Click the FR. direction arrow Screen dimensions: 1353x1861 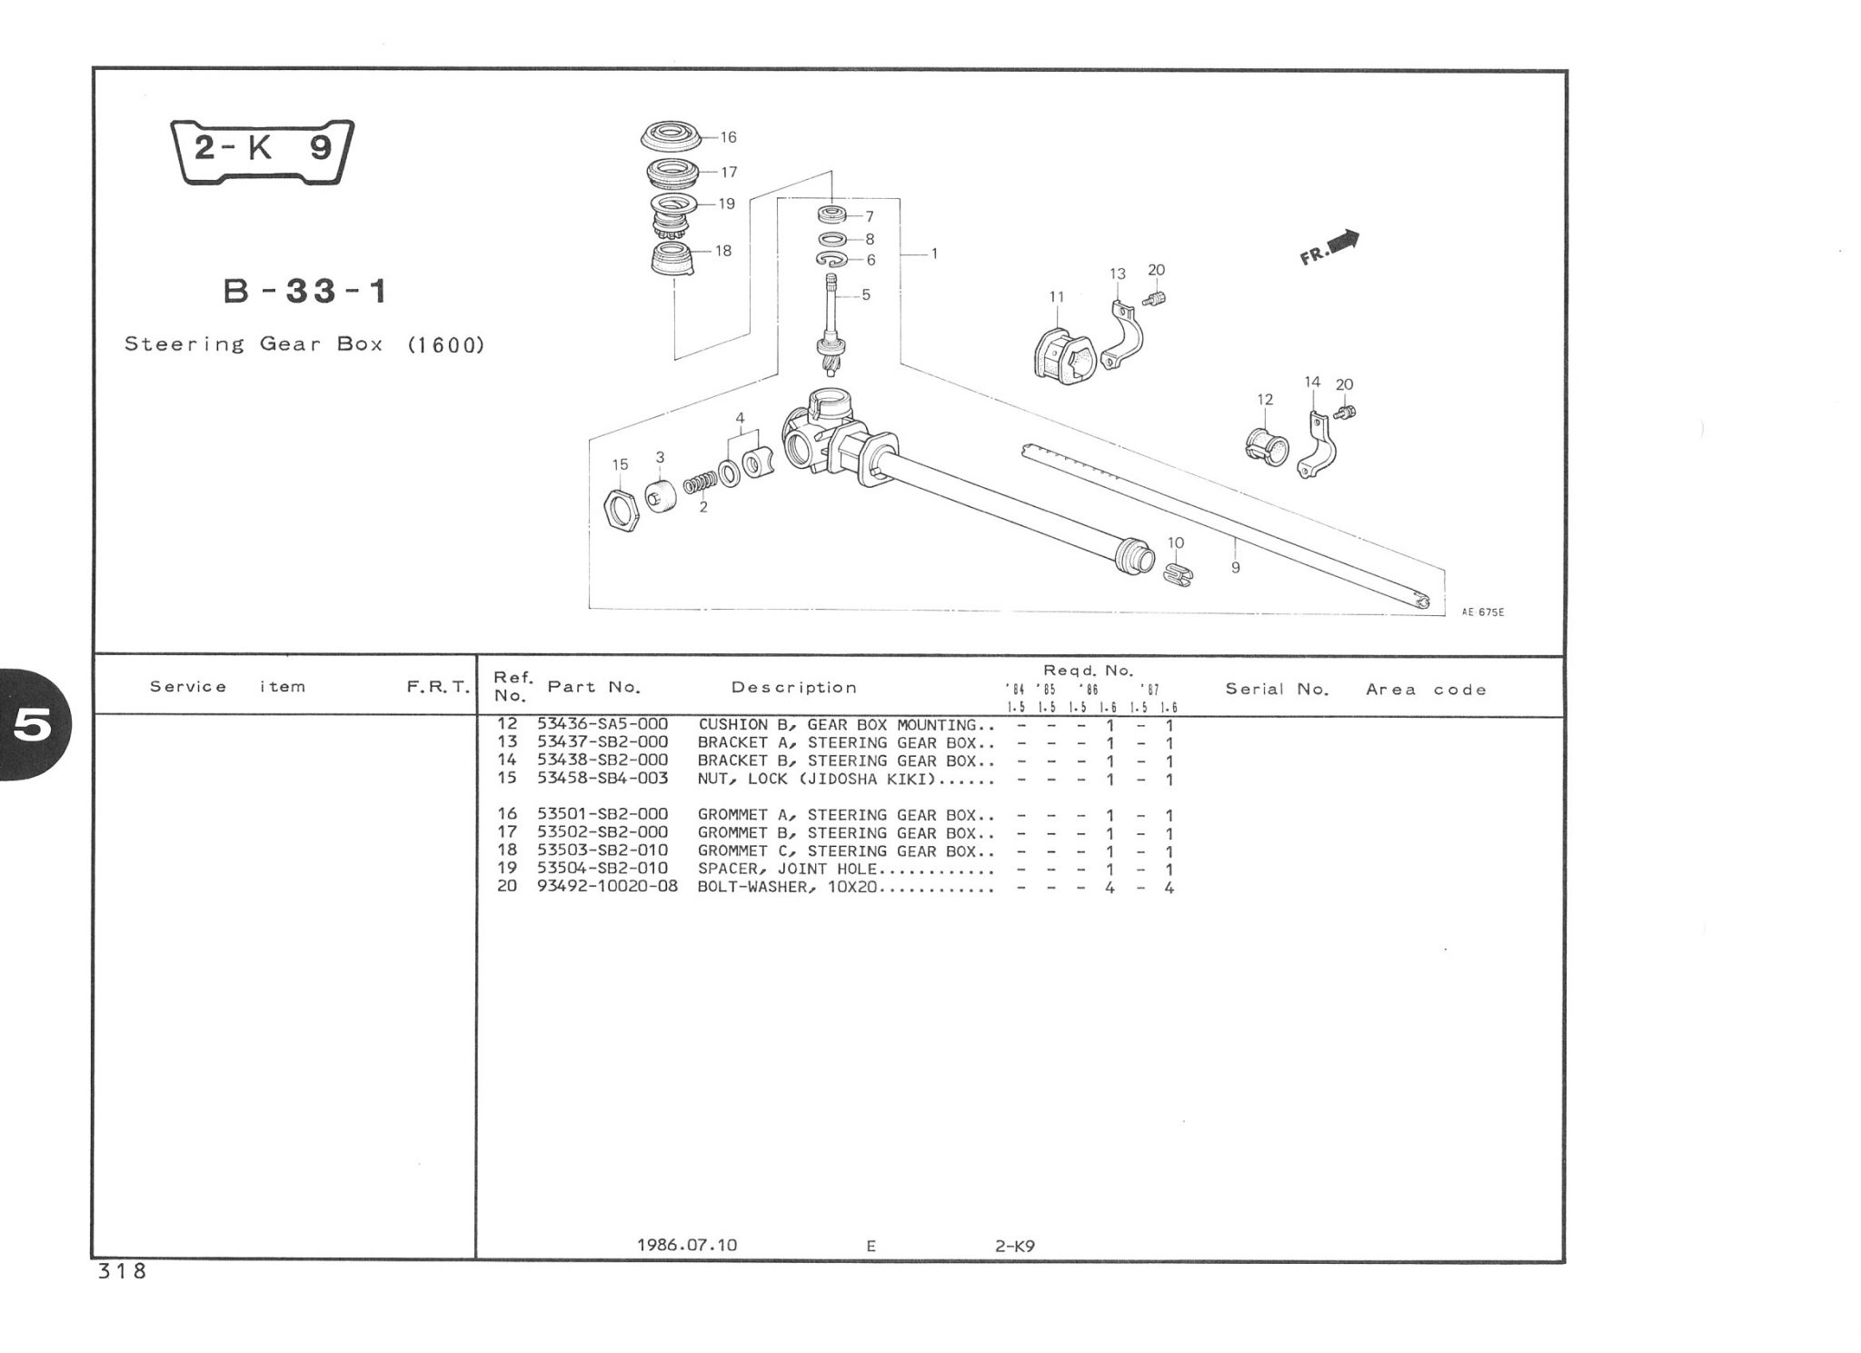(x=1331, y=247)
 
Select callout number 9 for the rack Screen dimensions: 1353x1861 (x=1236, y=568)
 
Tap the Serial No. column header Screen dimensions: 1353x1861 (x=1277, y=689)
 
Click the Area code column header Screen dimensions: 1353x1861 (x=1426, y=690)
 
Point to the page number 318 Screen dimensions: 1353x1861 (x=122, y=1272)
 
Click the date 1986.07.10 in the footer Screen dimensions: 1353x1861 (x=687, y=1245)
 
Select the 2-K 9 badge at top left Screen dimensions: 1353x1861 (x=263, y=150)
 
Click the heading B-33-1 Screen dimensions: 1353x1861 (x=306, y=292)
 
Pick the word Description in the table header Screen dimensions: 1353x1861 (x=794, y=688)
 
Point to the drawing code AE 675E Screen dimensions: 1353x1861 (x=1483, y=612)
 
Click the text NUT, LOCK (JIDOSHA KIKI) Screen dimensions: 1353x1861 (x=818, y=779)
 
